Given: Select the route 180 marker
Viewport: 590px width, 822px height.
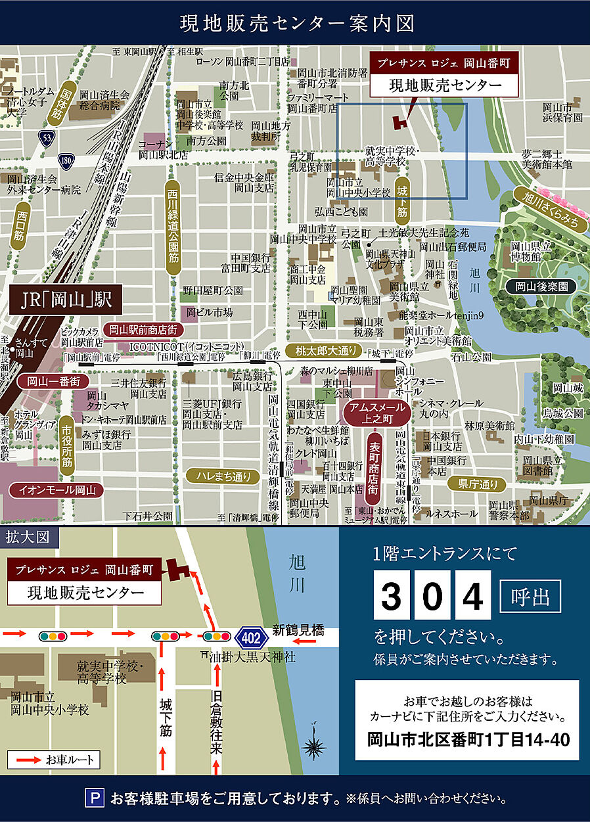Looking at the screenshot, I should click(x=65, y=160).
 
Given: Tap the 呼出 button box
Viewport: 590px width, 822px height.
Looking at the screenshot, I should click(x=531, y=596).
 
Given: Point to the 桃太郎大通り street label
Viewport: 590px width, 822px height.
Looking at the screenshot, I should click(x=320, y=350).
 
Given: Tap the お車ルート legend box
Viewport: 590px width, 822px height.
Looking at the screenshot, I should click(x=55, y=760).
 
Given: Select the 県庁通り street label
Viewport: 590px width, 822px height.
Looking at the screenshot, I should click(x=478, y=484).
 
